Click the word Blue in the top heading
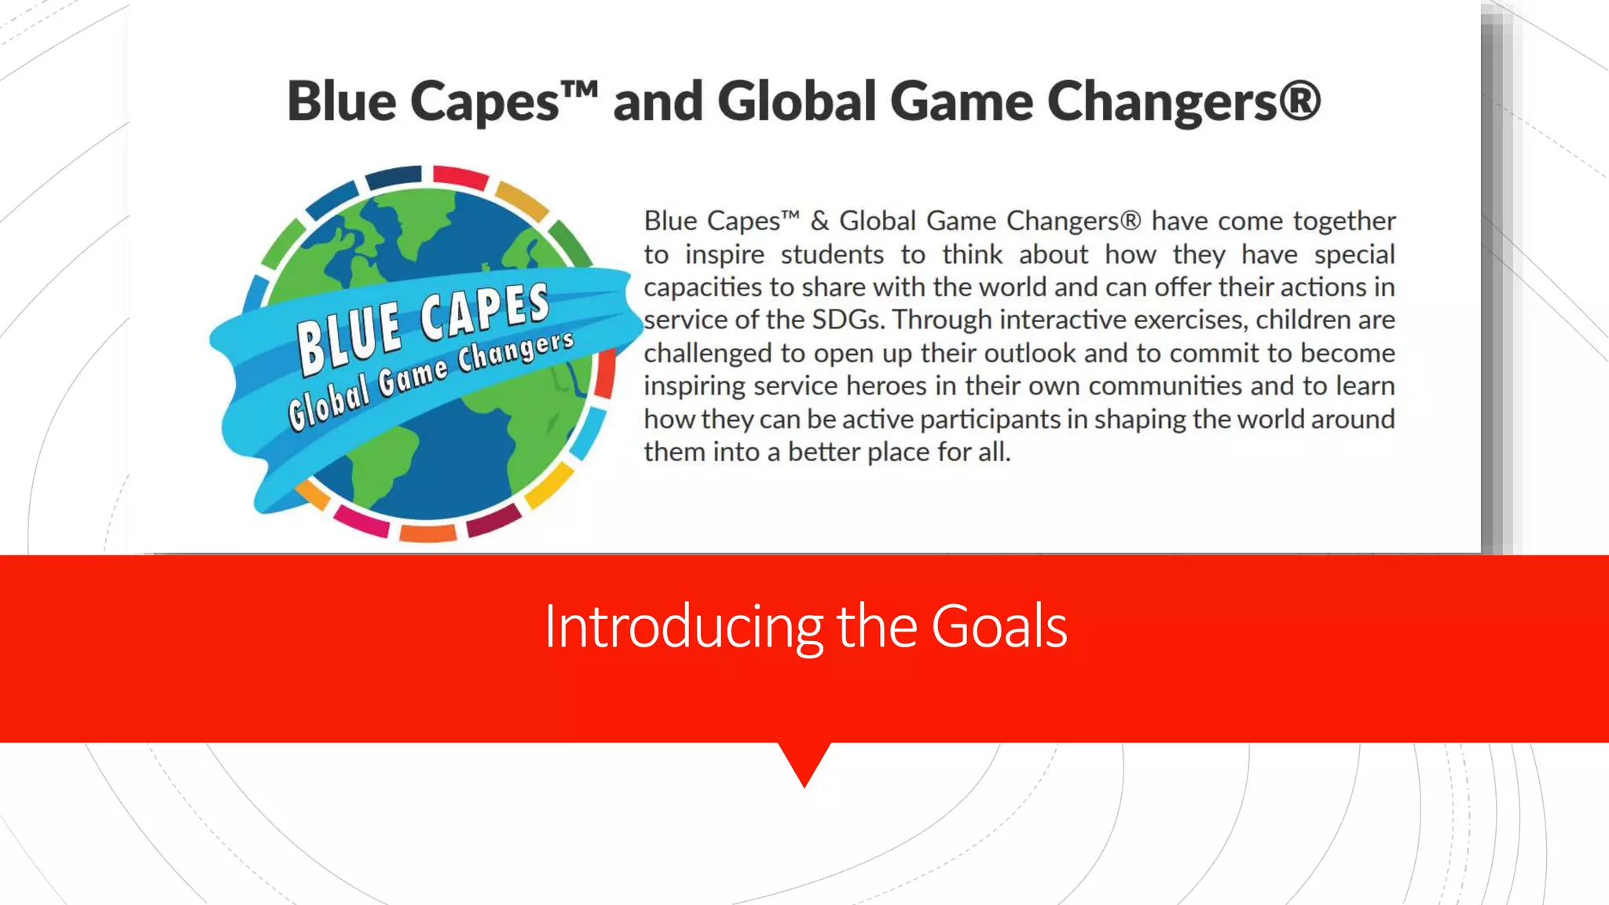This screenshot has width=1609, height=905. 342,102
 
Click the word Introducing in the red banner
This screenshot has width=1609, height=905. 683,626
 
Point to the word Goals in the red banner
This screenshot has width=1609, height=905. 999,626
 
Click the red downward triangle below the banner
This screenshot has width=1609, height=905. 804,760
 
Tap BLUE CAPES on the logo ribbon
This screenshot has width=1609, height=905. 423,326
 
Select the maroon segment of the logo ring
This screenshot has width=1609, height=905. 493,520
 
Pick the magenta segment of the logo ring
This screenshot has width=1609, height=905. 361,521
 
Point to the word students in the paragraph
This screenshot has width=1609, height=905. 832,255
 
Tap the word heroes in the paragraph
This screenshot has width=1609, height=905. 885,386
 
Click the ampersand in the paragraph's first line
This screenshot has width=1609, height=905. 819,221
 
